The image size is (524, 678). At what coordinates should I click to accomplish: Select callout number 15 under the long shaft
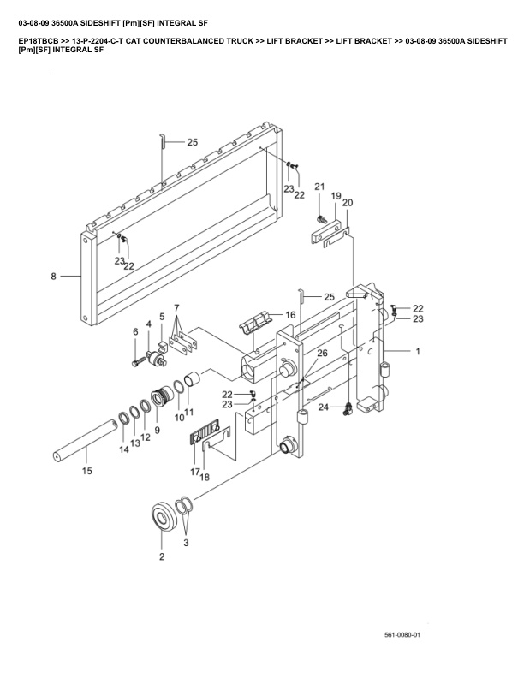pos(86,470)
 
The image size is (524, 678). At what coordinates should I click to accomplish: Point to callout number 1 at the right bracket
pos(418,352)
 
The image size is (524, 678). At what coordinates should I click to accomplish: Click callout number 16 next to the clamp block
pos(290,315)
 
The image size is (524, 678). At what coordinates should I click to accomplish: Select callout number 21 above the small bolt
pos(319,187)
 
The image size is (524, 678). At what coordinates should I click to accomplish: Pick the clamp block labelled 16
pos(254,326)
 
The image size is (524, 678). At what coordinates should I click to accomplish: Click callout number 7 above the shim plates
pos(176,307)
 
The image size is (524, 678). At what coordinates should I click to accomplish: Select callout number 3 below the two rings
pos(187,542)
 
